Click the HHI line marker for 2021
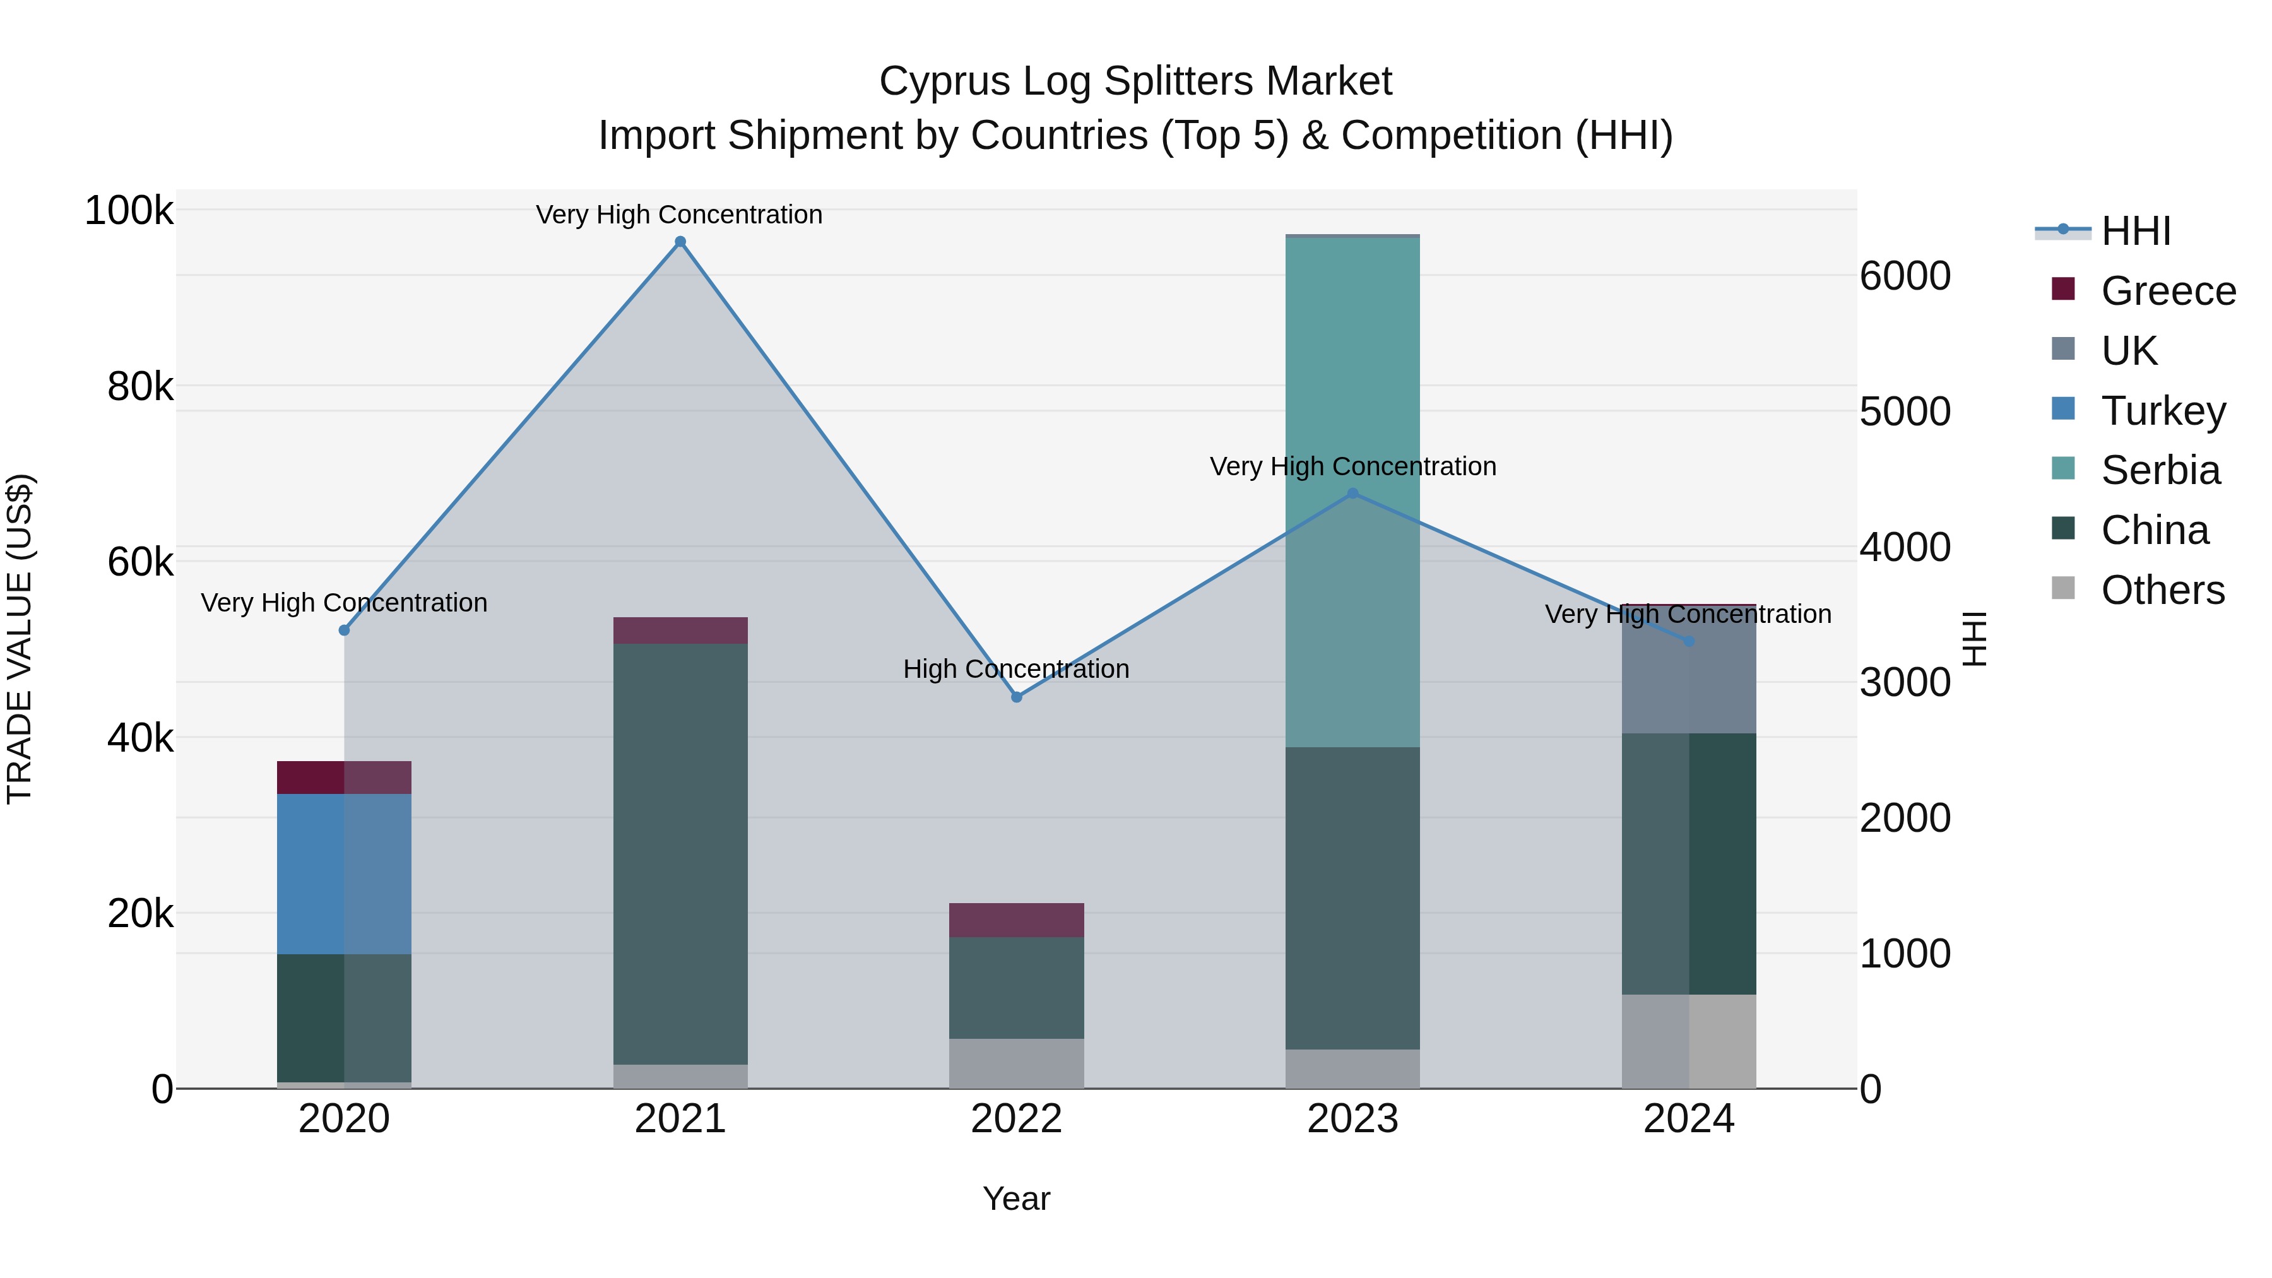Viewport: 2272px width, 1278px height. pyautogui.click(x=680, y=242)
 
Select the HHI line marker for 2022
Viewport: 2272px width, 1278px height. pyautogui.click(x=1016, y=697)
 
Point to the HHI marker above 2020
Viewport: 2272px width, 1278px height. pyautogui.click(x=344, y=630)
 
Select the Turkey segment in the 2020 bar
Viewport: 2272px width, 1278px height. pyautogui.click(x=344, y=873)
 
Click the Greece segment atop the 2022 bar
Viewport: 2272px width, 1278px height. pyautogui.click(x=1016, y=920)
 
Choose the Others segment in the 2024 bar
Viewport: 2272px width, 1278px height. pyautogui.click(x=1688, y=1041)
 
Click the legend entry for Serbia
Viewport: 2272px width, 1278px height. pyautogui.click(x=2159, y=470)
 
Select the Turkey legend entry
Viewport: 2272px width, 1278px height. pyautogui.click(x=2163, y=411)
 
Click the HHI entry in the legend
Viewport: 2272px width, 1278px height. pyautogui.click(x=2134, y=231)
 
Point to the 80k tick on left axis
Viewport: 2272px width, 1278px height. pyautogui.click(x=139, y=386)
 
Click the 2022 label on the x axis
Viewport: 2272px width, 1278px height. pyautogui.click(x=1016, y=1119)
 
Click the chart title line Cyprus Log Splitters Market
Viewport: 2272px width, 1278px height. pyautogui.click(x=1135, y=81)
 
